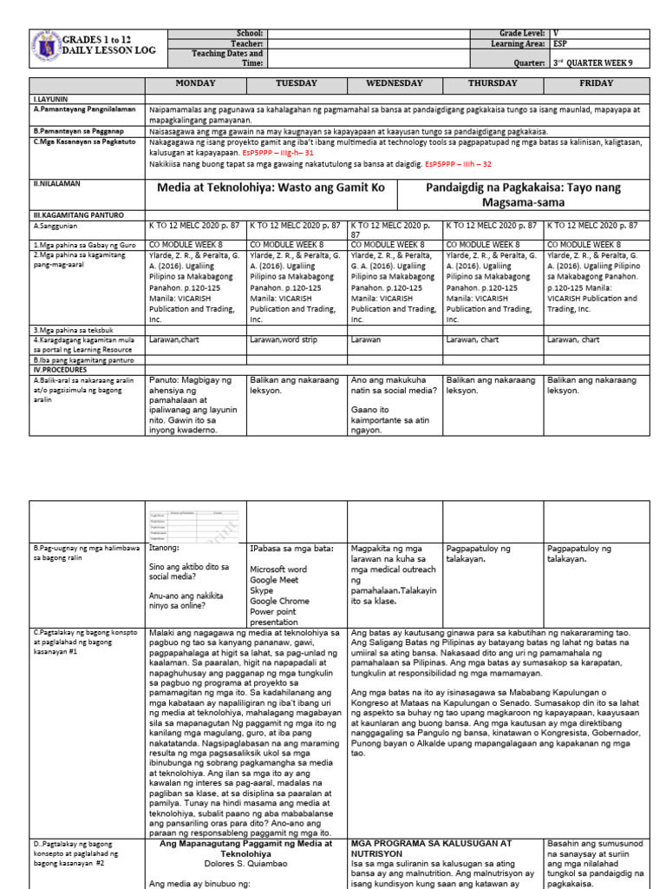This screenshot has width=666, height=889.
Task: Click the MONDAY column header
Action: pyautogui.click(x=195, y=83)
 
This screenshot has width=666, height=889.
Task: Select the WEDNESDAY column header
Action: pyautogui.click(x=395, y=83)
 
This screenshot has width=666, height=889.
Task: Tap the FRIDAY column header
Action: pyautogui.click(x=597, y=83)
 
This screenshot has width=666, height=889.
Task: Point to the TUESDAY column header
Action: pyautogui.click(x=296, y=83)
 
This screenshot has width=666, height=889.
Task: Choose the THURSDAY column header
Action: pyautogui.click(x=493, y=83)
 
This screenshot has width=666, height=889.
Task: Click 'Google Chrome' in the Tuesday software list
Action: pyautogui.click(x=279, y=601)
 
